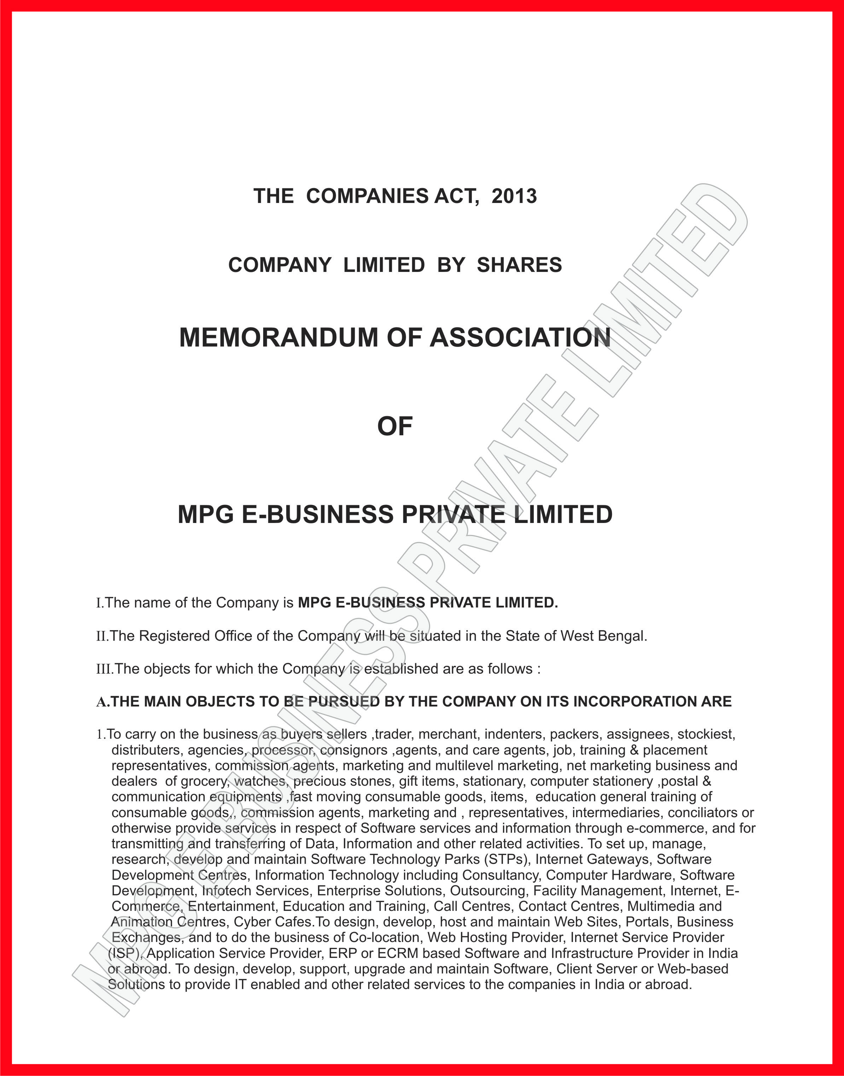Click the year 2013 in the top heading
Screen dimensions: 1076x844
pyautogui.click(x=514, y=196)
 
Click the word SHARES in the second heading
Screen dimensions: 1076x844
pyautogui.click(x=519, y=265)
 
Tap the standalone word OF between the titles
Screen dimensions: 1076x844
pyautogui.click(x=395, y=426)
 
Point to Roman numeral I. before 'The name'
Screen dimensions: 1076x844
pyautogui.click(x=99, y=603)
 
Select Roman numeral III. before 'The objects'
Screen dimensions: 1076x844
pyautogui.click(x=104, y=669)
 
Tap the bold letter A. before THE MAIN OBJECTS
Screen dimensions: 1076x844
pyautogui.click(x=102, y=702)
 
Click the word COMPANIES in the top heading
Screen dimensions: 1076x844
pyautogui.click(x=368, y=196)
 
